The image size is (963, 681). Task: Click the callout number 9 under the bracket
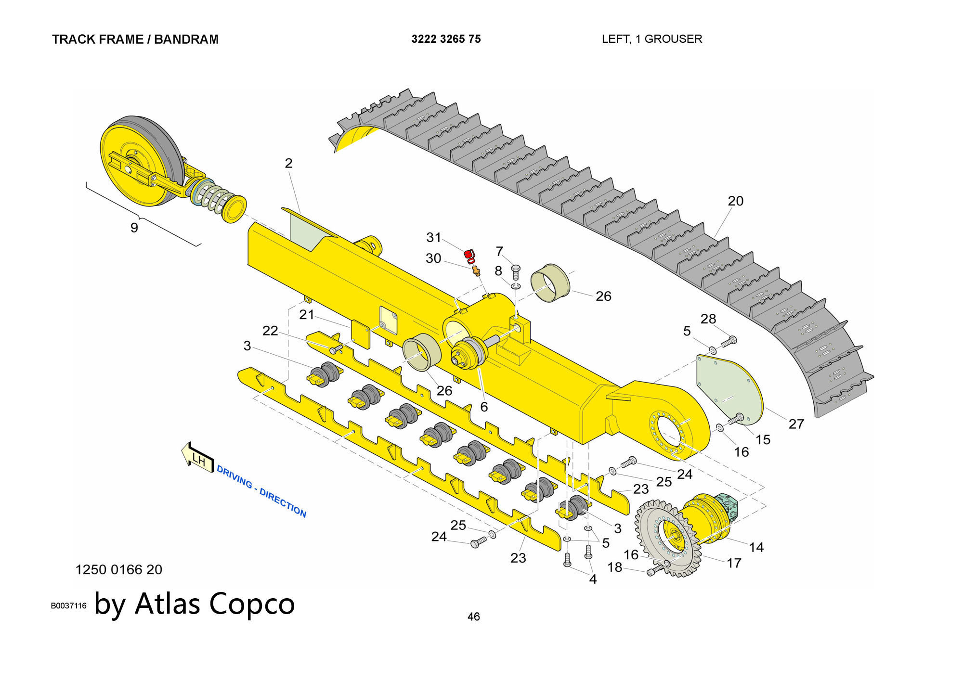tap(134, 228)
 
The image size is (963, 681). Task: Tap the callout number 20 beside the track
tap(735, 201)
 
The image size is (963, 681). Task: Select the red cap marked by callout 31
tap(469, 255)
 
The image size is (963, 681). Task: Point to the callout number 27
tap(796, 424)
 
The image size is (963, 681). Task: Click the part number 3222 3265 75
tap(446, 39)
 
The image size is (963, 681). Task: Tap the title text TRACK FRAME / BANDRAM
tap(135, 39)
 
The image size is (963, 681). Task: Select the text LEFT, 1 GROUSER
tap(651, 39)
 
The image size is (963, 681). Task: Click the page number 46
tap(473, 617)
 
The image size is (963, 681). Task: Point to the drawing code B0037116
tap(68, 605)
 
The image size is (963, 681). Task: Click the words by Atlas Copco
tap(195, 604)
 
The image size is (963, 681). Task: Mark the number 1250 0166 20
tap(119, 569)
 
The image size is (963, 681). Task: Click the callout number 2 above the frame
tap(288, 163)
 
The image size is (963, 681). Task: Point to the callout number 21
tap(307, 315)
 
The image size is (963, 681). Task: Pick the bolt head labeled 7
tap(516, 268)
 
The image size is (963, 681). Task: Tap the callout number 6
tap(484, 407)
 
